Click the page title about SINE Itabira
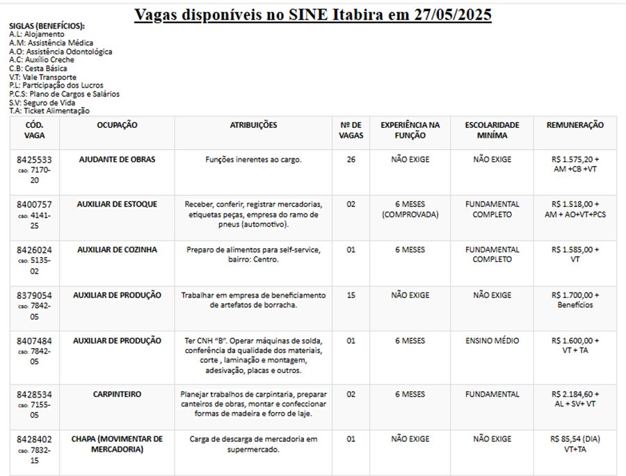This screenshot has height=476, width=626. coord(312,14)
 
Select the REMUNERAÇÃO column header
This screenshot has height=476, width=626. coord(575,125)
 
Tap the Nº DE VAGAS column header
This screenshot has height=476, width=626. coord(351,130)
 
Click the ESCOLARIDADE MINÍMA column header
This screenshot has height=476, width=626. coord(492,130)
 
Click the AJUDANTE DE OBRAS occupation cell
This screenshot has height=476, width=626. coord(117,159)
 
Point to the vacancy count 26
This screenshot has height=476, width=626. coord(351,159)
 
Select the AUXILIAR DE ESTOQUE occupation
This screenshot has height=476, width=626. coord(117,204)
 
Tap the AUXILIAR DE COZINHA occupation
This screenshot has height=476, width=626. coord(117,249)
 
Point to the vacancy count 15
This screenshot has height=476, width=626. coord(351,295)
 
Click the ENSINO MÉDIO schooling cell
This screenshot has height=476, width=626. coord(492,340)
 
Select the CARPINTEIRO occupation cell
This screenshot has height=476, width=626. coord(117,394)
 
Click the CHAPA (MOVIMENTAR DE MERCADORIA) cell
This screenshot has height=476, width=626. coord(117,444)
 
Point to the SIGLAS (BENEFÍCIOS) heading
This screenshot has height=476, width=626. coord(47,26)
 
